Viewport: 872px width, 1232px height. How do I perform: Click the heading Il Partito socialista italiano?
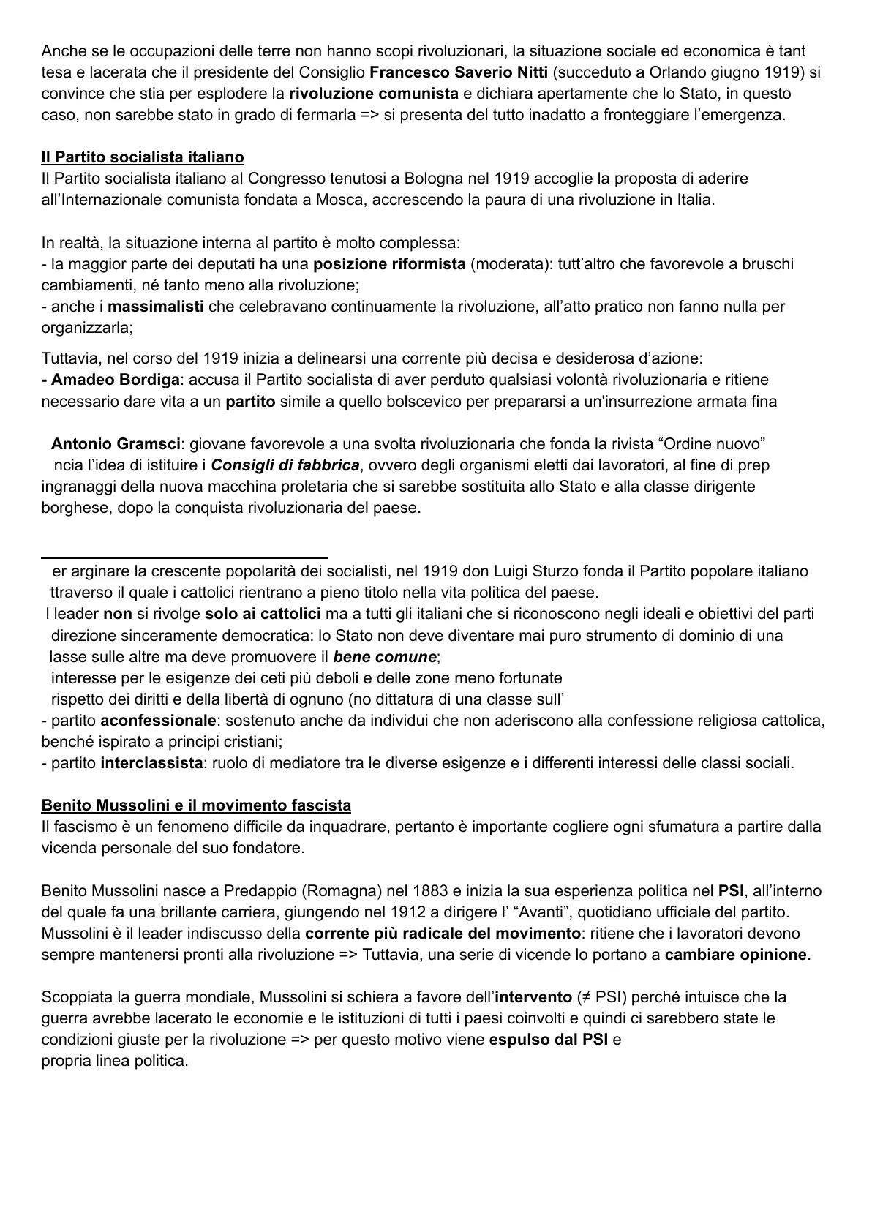pyautogui.click(x=143, y=157)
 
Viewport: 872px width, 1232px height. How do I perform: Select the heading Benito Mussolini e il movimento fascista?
pyautogui.click(x=196, y=805)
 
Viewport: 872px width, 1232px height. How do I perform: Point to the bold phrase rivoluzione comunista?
pyautogui.click(x=374, y=94)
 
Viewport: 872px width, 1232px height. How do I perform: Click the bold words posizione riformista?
pyautogui.click(x=389, y=264)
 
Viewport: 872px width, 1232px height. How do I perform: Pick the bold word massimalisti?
pyautogui.click(x=156, y=307)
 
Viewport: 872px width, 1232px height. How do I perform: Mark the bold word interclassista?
pyautogui.click(x=151, y=763)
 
